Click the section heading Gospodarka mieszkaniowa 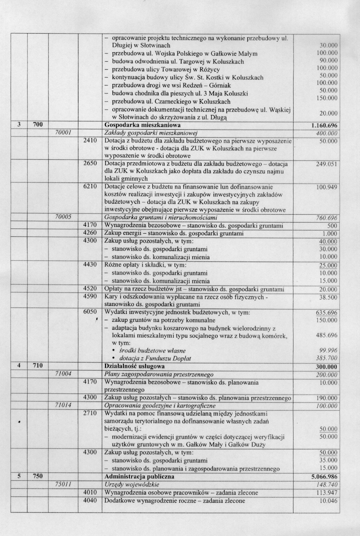(137, 125)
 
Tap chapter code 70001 (63, 133)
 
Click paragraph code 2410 (90, 141)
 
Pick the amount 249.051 (326, 164)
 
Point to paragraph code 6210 (90, 187)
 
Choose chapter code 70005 (63, 217)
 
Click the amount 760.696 (326, 218)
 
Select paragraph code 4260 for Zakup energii (90, 233)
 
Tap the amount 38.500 (328, 297)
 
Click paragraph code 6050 (90, 312)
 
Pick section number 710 (38, 366)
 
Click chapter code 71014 (63, 406)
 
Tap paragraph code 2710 (90, 413)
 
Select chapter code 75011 (63, 484)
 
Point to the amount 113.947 (328, 493)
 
